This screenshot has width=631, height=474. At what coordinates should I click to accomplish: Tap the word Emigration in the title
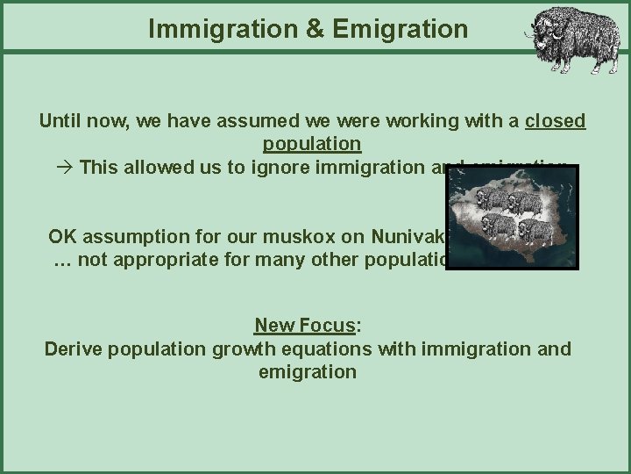point(386,29)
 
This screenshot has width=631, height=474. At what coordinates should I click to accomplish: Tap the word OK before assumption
point(62,237)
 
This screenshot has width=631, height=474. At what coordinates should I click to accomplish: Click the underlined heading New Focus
point(306,327)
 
